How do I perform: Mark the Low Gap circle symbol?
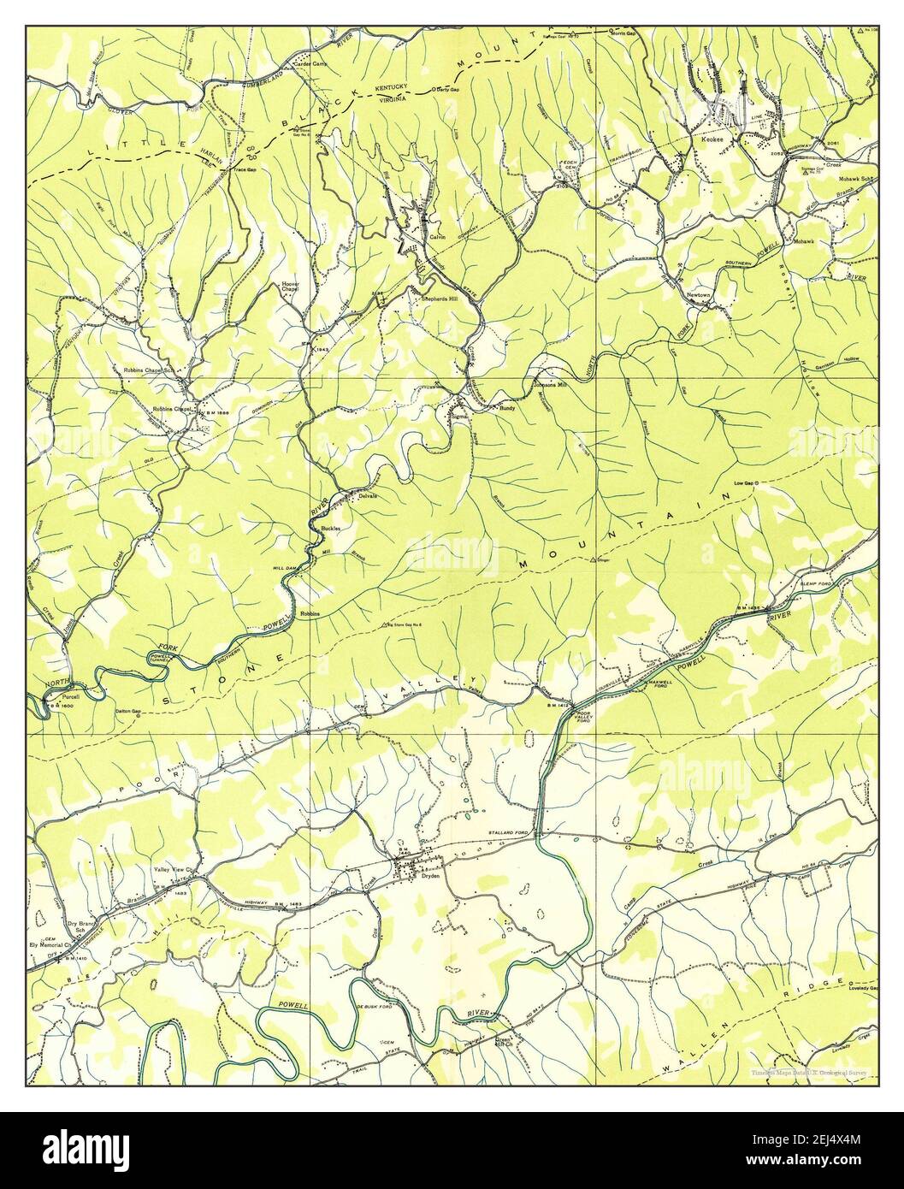pos(757,483)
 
